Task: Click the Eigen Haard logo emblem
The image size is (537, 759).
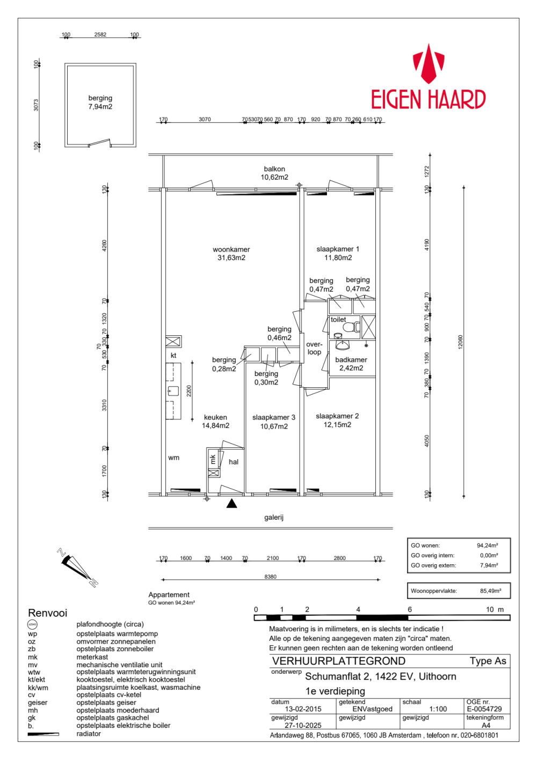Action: pyautogui.click(x=429, y=64)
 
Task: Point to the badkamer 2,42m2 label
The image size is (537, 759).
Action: pyautogui.click(x=351, y=364)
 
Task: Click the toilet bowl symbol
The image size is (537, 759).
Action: pyautogui.click(x=349, y=327)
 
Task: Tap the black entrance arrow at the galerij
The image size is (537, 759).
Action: pyautogui.click(x=231, y=503)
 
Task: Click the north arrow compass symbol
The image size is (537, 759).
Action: pyautogui.click(x=77, y=566)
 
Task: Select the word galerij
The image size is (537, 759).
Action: pyautogui.click(x=274, y=517)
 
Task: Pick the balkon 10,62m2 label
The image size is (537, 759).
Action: pyautogui.click(x=274, y=173)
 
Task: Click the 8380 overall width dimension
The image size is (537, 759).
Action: pyautogui.click(x=271, y=577)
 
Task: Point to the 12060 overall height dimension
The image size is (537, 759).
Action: pyautogui.click(x=460, y=342)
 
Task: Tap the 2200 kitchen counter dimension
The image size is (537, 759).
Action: pyautogui.click(x=189, y=390)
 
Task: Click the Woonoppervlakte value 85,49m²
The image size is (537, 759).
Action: pyautogui.click(x=490, y=591)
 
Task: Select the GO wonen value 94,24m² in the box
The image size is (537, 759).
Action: pyautogui.click(x=487, y=546)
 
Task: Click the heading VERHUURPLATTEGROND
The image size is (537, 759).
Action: pyautogui.click(x=338, y=661)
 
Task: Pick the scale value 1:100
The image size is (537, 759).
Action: pyautogui.click(x=438, y=709)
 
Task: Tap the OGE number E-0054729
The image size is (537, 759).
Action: pyautogui.click(x=484, y=709)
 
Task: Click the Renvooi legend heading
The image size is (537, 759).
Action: pyautogui.click(x=48, y=613)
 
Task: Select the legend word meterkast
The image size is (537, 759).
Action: pyautogui.click(x=92, y=657)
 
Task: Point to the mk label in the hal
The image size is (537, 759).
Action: pyautogui.click(x=213, y=459)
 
